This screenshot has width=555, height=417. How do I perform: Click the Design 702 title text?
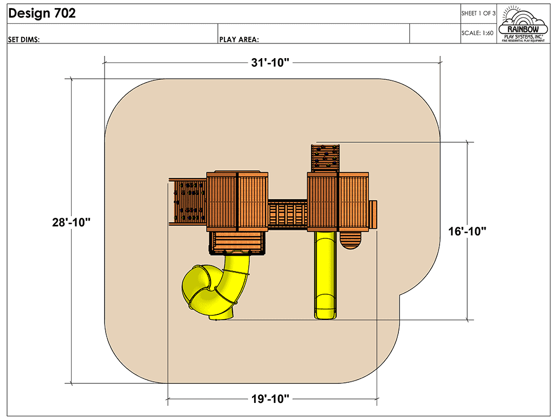[42, 14]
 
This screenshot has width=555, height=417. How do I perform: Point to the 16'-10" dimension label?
[467, 231]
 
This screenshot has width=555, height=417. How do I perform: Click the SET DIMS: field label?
[24, 39]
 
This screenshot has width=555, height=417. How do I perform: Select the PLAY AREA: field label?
[238, 39]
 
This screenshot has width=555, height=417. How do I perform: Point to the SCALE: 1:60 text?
[477, 33]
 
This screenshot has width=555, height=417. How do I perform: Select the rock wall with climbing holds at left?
[188, 201]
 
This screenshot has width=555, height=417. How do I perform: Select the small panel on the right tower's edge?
[373, 214]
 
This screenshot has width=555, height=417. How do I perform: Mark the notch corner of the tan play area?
[401, 296]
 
